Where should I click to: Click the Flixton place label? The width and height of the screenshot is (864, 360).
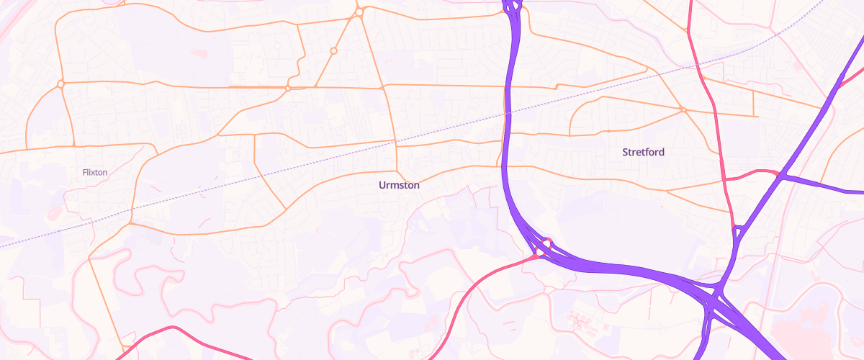95,172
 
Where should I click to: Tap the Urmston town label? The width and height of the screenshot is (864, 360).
399,185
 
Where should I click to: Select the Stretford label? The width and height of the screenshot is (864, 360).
643,153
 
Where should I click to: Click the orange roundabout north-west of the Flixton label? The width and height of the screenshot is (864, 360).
61,84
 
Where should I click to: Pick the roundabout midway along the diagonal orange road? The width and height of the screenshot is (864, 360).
333,50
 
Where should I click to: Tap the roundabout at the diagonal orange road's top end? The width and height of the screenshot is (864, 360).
359,12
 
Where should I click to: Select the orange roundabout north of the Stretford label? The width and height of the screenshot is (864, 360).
681,109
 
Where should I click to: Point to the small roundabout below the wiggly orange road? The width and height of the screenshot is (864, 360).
287,88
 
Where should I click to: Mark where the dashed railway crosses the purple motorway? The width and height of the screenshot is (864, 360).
506,114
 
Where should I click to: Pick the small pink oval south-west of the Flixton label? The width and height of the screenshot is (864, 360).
55,214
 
